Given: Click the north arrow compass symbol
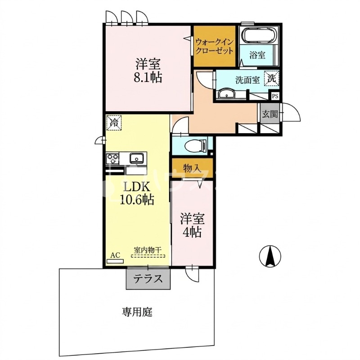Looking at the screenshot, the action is point(270,256).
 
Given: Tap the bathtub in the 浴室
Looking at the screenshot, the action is point(260,36).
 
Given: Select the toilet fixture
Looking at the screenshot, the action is point(196,145).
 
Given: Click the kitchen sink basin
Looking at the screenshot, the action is point(136,158).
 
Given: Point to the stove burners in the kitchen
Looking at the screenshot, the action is point(112,159).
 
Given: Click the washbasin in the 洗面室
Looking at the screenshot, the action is point(226,94).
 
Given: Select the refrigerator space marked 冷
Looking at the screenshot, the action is point(114,122).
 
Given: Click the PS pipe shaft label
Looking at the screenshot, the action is point(275,96).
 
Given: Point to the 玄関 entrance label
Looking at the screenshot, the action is point(270,114).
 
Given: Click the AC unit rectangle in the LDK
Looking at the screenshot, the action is point(115,261).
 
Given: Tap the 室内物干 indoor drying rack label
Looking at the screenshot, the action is point(148,250).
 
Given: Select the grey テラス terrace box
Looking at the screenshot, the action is point(148,279).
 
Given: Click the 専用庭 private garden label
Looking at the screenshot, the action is point(137,312).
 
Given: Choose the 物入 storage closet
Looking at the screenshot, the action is point(192,169).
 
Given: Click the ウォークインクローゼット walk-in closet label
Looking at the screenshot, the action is point(215,46).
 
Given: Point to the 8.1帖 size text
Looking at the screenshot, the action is point(148,77).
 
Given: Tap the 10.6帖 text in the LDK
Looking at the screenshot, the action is point(137,199).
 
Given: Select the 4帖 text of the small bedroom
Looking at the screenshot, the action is point(192,232).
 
